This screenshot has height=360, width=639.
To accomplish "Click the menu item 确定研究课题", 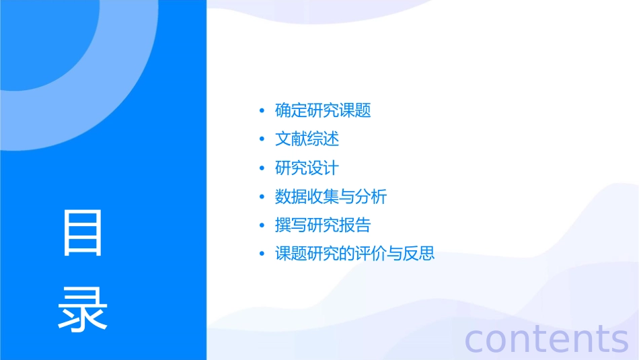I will [x=323, y=110].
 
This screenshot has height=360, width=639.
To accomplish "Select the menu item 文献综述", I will [x=307, y=139].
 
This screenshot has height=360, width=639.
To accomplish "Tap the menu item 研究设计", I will [x=307, y=168].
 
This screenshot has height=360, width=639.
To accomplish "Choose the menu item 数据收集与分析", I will [x=331, y=197].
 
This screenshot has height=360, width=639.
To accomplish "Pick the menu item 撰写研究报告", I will [x=323, y=225].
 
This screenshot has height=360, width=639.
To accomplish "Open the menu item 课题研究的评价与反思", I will [x=355, y=254].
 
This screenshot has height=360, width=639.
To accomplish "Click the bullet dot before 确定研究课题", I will [x=262, y=110].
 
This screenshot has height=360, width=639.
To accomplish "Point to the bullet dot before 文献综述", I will [x=262, y=139].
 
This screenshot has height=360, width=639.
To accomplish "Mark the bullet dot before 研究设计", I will [x=262, y=168].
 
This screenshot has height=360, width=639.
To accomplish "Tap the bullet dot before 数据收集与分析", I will [x=262, y=197].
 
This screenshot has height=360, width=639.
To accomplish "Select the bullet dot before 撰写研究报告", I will [x=262, y=225].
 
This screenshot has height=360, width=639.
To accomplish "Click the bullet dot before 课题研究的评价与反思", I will [x=262, y=254].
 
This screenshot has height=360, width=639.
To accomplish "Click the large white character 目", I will [x=83, y=233].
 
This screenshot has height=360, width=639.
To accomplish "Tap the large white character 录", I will [x=83, y=310].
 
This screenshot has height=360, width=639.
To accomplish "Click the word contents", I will [x=547, y=339].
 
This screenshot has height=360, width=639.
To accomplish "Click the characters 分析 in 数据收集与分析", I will [x=371, y=197].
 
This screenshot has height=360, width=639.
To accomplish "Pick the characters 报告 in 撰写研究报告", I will [x=355, y=225].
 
